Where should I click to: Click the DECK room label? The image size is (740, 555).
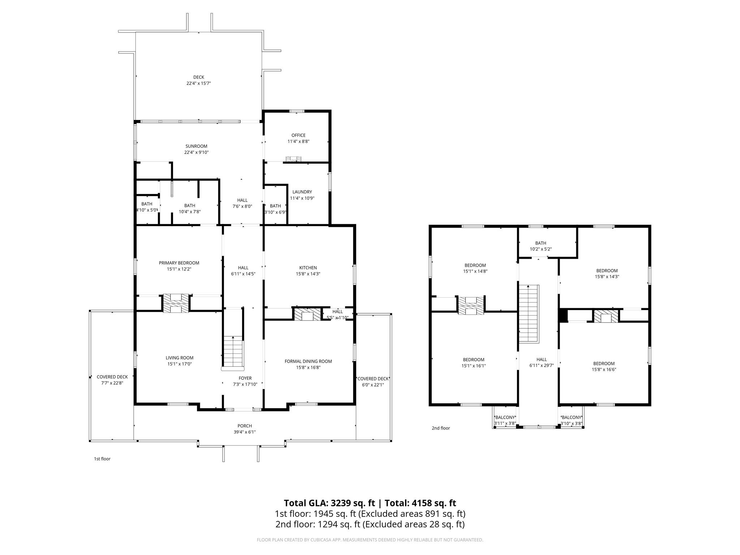pyautogui.click(x=199, y=77)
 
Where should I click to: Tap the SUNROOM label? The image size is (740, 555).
pyautogui.click(x=196, y=146)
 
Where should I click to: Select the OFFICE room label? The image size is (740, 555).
pyautogui.click(x=298, y=135)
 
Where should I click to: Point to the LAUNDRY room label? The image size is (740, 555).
pyautogui.click(x=302, y=192)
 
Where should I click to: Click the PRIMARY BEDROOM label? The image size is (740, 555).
pyautogui.click(x=179, y=263)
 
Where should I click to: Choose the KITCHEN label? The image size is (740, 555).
pyautogui.click(x=308, y=268)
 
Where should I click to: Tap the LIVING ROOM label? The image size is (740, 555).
pyautogui.click(x=180, y=358)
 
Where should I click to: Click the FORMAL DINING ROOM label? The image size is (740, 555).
pyautogui.click(x=308, y=361)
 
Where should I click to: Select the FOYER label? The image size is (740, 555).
pyautogui.click(x=245, y=378)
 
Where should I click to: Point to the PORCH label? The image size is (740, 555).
pyautogui.click(x=245, y=426)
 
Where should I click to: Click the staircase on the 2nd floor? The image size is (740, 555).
pyautogui.click(x=529, y=314)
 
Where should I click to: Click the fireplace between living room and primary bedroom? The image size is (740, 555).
pyautogui.click(x=176, y=303)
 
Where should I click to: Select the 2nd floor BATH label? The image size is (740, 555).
pyautogui.click(x=541, y=243)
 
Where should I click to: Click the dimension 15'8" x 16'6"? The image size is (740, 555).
pyautogui.click(x=604, y=370)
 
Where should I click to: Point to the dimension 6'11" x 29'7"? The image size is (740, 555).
pyautogui.click(x=542, y=365)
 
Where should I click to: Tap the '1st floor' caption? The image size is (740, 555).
pyautogui.click(x=102, y=459)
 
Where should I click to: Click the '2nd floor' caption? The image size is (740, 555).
pyautogui.click(x=441, y=428)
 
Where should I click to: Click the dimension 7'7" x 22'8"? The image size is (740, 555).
pyautogui.click(x=112, y=383)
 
